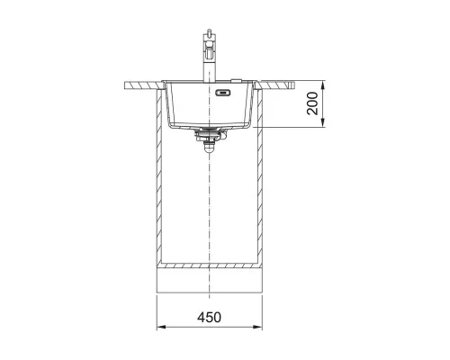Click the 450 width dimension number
pos(209,317)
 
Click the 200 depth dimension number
pos(312,103)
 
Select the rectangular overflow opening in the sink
pos(223,93)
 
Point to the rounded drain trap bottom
pos(209,148)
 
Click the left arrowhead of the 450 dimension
pos(161,327)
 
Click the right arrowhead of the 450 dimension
pos(258,327)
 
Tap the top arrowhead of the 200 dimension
pos(322,85)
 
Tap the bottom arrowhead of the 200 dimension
pos(322,122)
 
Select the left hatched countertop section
pos(143,85)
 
